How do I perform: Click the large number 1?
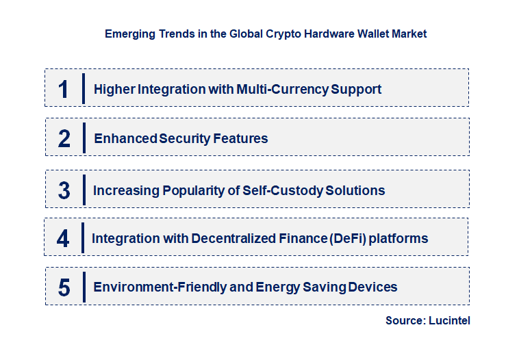tap(64, 89)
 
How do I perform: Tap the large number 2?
tap(64, 139)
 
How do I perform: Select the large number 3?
tap(64, 190)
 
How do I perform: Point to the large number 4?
tap(63, 239)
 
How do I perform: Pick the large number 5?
tap(64, 287)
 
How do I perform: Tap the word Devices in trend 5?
tap(372, 287)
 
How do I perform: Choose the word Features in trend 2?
tap(240, 138)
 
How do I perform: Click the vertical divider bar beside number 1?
tap(83, 88)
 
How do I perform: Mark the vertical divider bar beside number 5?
tap(83, 287)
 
